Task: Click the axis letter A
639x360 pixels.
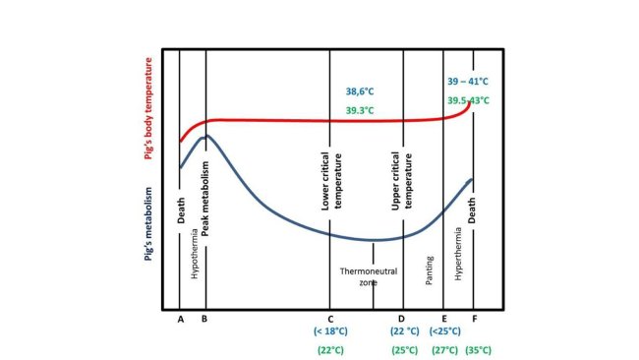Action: pos(180,319)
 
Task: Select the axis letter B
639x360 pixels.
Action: pos(204,319)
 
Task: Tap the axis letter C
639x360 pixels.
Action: pos(329,319)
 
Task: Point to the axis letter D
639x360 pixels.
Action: pos(401,319)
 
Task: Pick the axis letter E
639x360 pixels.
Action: pos(444,319)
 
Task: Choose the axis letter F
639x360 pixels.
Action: pos(474,319)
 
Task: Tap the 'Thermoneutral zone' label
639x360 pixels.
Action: pos(359,275)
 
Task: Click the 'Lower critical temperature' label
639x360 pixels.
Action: pos(330,182)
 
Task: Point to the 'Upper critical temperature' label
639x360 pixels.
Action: pos(401,182)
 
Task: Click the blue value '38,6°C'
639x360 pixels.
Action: pos(359,89)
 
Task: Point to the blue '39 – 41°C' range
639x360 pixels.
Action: pos(470,82)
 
